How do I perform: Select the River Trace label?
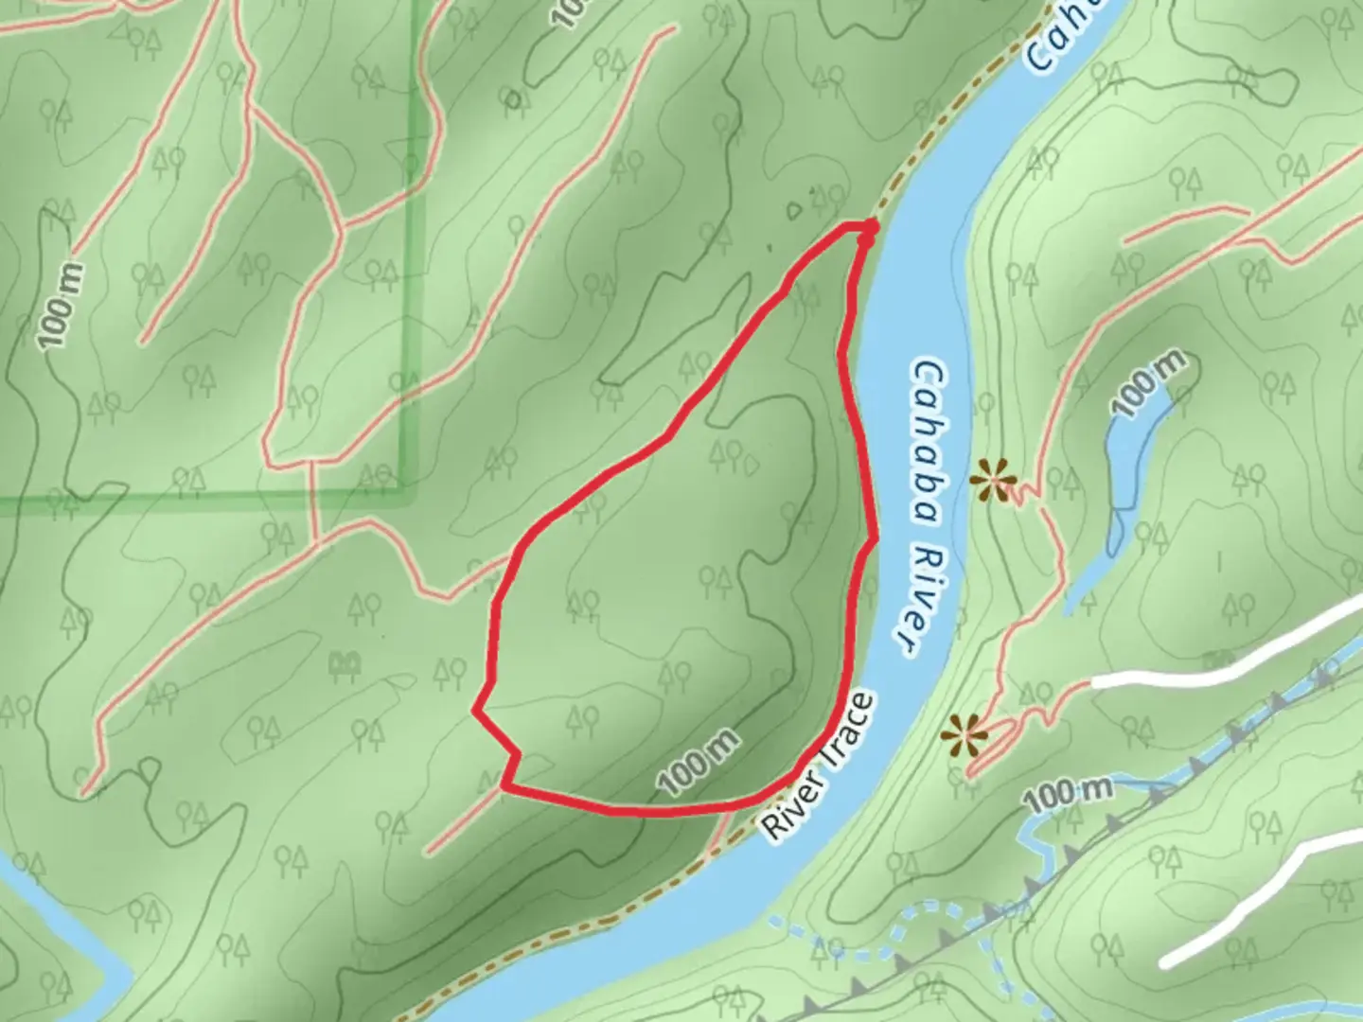820,766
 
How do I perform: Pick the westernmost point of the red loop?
475,710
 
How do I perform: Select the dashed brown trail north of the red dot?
947,123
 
